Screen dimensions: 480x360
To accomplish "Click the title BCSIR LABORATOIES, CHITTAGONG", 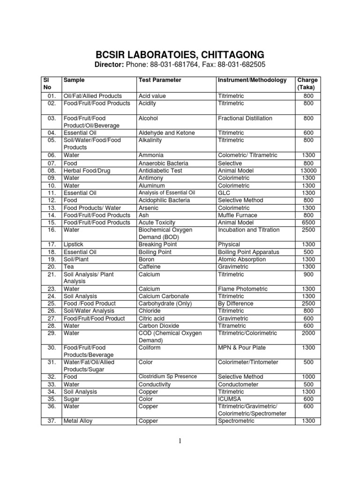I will pos(180,54).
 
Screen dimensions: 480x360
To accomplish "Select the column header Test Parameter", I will pos(159,80).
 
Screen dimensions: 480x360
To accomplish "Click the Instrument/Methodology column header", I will pos(252,80).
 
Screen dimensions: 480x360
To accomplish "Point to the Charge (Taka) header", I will pos(308,84).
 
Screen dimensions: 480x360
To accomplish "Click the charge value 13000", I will pos(308,171).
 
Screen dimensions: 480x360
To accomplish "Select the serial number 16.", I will pos(52,230).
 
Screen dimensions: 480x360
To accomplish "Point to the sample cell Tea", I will pos(69,267).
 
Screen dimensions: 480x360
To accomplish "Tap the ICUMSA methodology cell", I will pos(230,399).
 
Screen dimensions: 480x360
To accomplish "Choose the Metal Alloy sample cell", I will pos(78,421).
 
